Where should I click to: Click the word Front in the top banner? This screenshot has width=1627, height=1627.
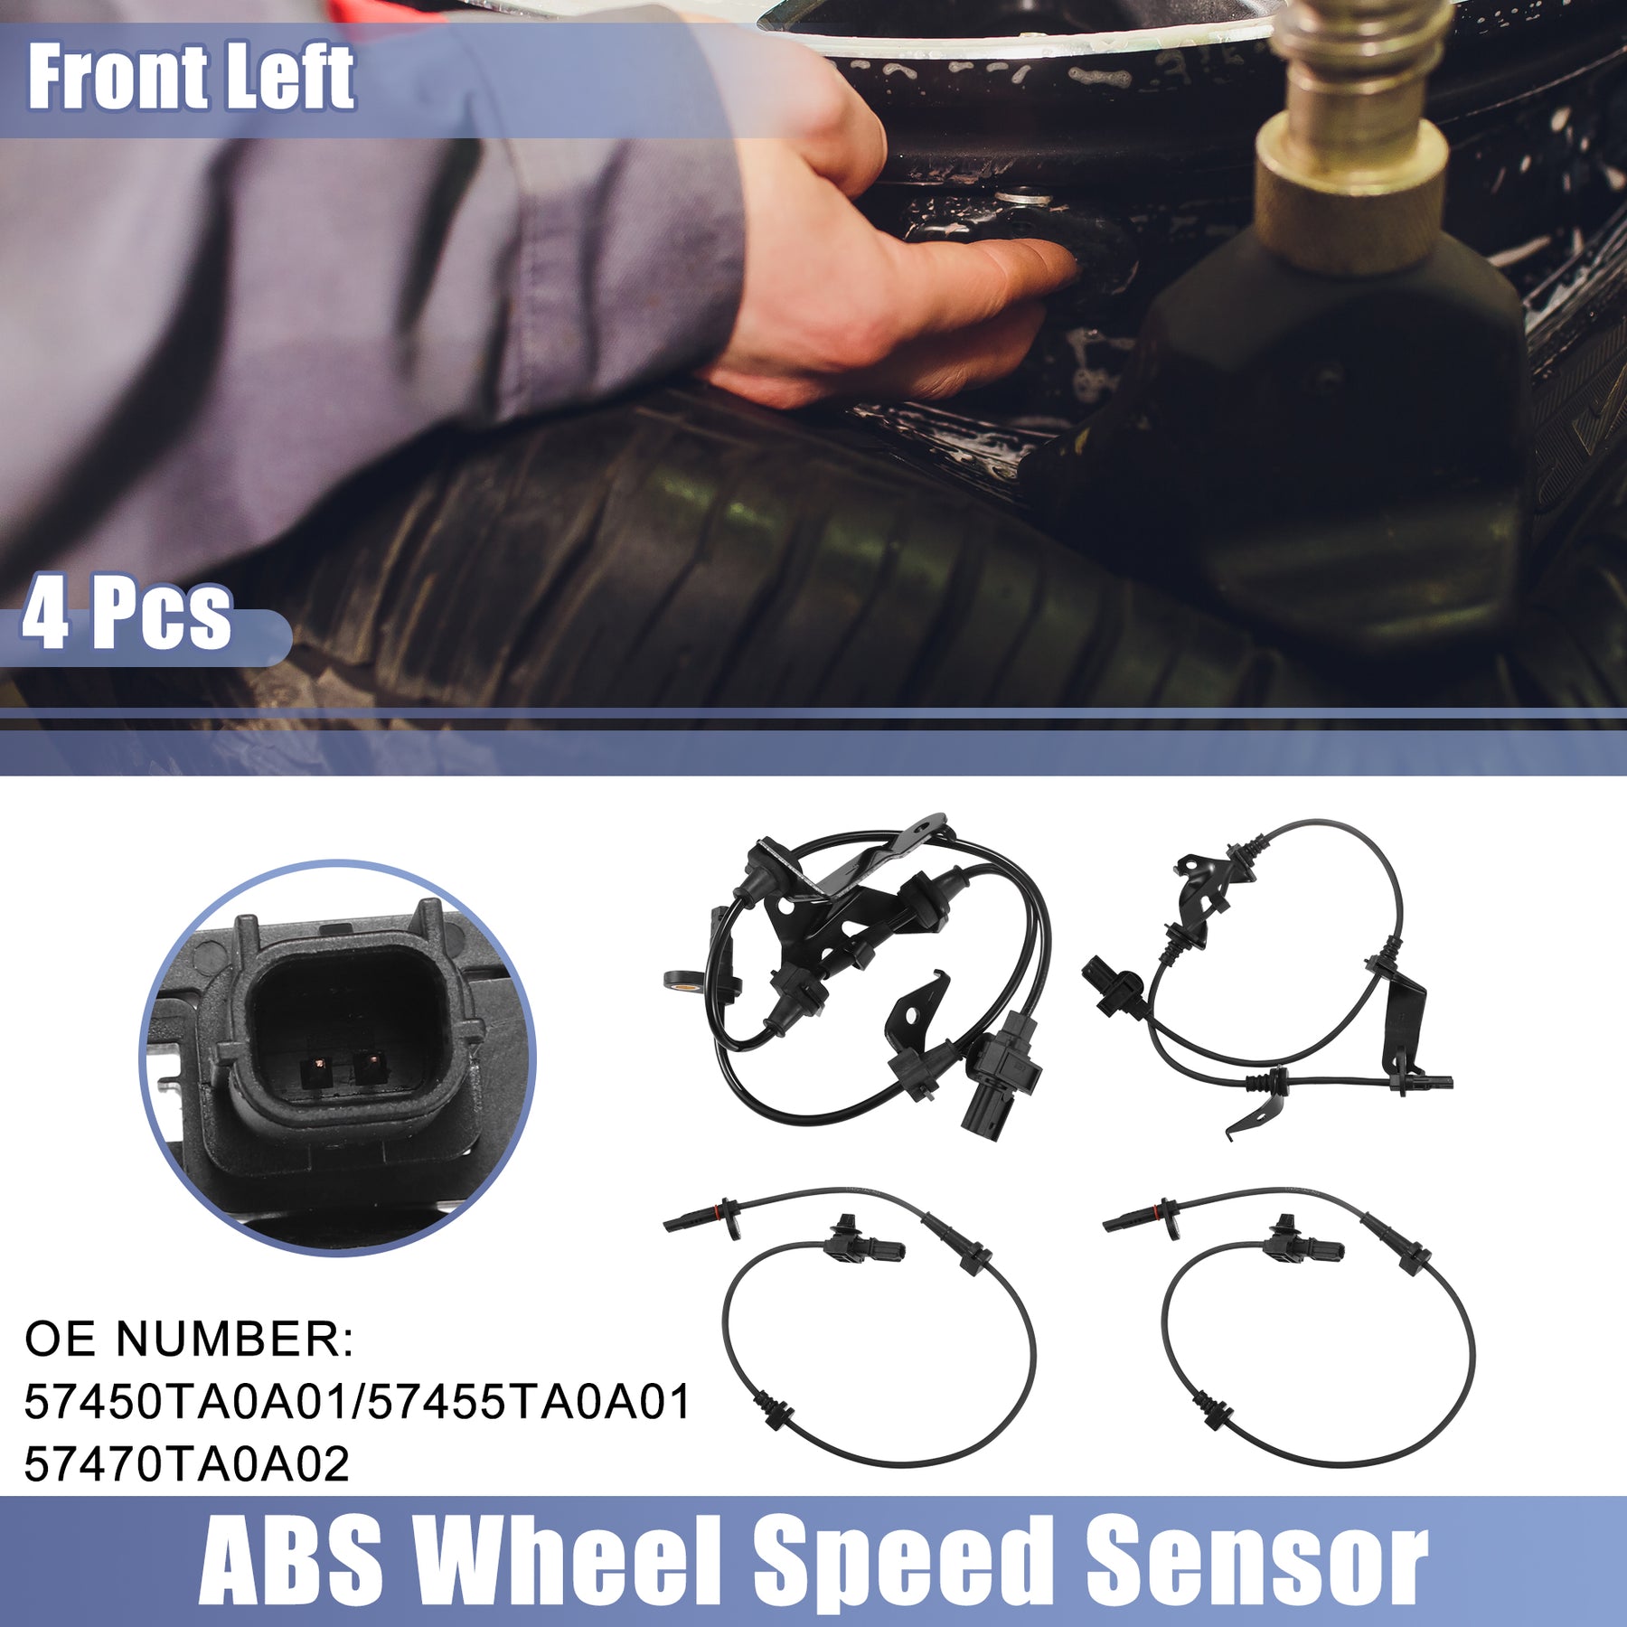116,78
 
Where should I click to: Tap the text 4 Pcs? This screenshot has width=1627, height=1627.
127,615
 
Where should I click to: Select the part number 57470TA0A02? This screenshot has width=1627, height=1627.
186,1464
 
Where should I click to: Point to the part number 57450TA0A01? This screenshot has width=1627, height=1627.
186,1402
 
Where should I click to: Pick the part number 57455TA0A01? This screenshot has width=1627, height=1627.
529,1402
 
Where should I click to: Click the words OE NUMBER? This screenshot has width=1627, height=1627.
189,1339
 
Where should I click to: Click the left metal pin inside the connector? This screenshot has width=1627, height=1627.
315,1071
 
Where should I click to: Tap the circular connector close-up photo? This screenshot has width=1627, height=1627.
338,1058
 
